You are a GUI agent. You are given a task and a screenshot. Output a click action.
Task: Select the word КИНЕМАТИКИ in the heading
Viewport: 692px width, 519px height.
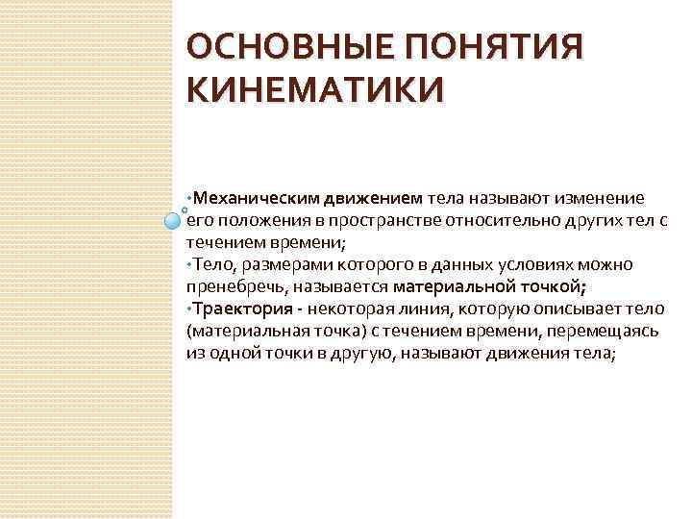pyautogui.click(x=316, y=91)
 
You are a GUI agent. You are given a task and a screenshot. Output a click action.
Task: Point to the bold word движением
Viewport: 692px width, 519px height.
pyautogui.click(x=372, y=199)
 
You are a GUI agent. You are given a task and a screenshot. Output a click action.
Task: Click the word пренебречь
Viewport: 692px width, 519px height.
pyautogui.click(x=233, y=285)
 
